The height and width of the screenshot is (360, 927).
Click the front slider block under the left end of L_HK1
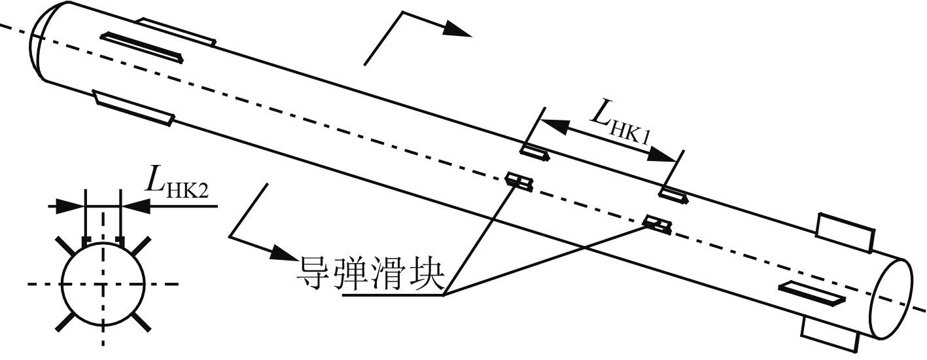point(534,153)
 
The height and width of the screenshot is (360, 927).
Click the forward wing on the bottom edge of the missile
point(133,108)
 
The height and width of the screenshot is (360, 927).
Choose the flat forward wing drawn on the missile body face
point(145,48)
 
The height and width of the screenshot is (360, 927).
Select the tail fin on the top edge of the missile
point(846,231)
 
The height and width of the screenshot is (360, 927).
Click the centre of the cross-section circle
point(103,284)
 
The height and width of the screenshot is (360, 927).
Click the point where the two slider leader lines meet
point(444,295)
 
